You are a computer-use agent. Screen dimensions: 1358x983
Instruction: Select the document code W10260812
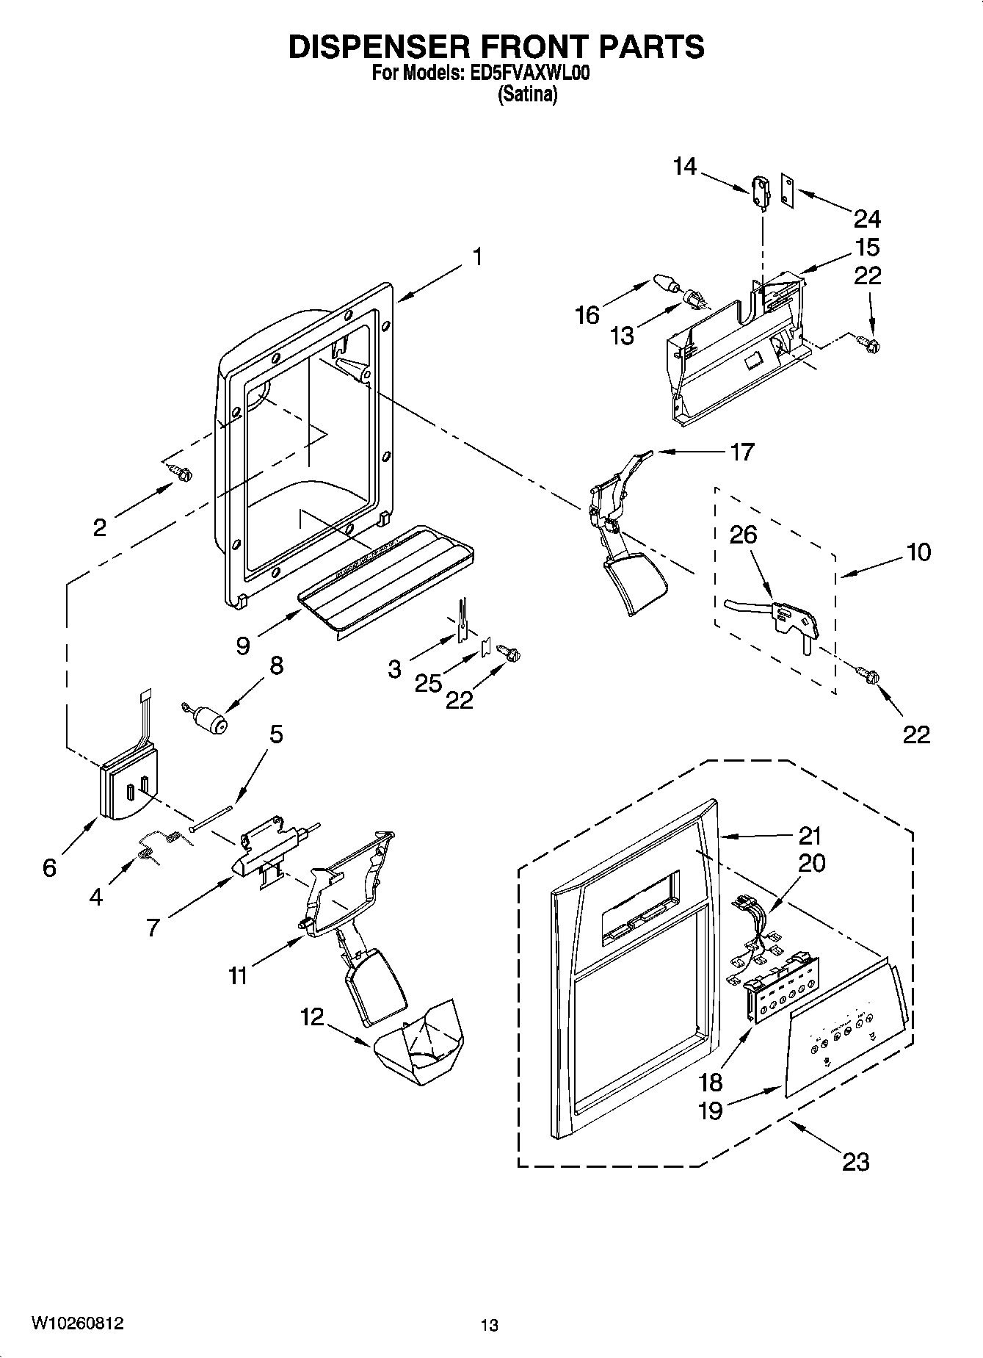tap(77, 1323)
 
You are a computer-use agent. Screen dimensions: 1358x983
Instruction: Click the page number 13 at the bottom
tap(490, 1325)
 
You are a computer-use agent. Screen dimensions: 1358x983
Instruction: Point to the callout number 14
tap(684, 167)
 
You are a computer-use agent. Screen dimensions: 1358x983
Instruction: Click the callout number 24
tap(867, 219)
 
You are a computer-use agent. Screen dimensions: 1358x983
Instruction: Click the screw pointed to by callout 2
tap(181, 474)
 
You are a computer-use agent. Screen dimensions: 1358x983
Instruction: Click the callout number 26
tap(742, 535)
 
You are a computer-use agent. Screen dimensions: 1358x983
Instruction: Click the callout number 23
tap(855, 1161)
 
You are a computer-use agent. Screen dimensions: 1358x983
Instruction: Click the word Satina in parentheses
tap(528, 95)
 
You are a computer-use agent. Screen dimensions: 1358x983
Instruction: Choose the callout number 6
tap(49, 868)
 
